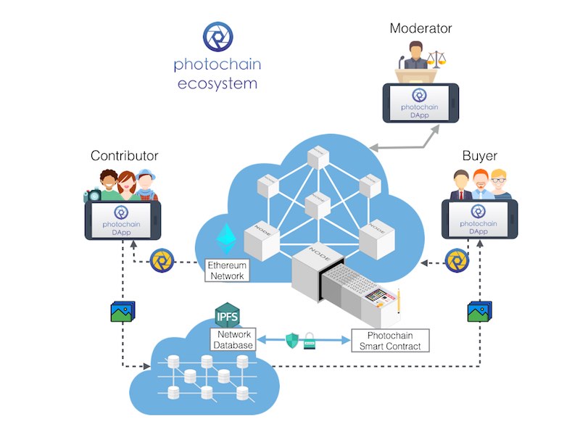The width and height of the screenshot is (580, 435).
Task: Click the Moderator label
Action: [420, 29]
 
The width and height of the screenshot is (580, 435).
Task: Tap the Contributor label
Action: [125, 156]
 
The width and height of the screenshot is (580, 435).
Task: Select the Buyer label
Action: [478, 156]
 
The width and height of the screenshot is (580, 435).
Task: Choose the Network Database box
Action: [233, 340]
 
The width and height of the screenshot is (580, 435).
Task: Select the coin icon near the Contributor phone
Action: [161, 261]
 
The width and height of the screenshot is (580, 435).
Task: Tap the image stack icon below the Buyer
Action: [479, 311]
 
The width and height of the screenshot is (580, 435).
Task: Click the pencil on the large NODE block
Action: [399, 299]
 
